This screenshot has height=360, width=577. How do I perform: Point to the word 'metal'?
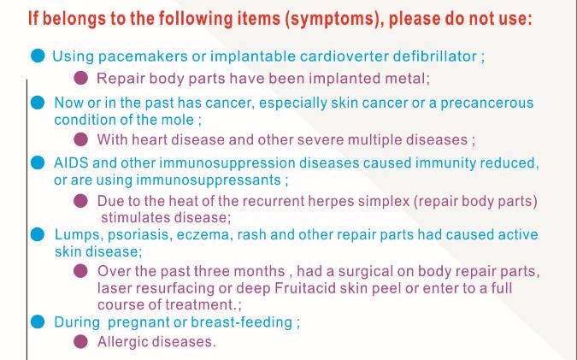tap(405, 79)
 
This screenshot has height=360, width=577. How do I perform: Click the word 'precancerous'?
tap(487, 103)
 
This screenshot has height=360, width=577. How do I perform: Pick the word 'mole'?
tap(178, 120)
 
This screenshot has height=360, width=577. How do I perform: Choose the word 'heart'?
tap(150, 140)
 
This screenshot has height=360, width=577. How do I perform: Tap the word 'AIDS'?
tap(71, 162)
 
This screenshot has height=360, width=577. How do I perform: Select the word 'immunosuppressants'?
tap(209, 180)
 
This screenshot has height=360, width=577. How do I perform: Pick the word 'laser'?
tap(115, 288)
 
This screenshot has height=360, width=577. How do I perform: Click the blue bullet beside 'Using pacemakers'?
tap(38, 56)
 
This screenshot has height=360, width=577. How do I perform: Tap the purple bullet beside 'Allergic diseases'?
tap(80, 341)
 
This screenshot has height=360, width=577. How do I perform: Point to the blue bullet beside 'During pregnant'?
tap(38, 322)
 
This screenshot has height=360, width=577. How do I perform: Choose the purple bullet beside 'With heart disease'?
tap(81, 139)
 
